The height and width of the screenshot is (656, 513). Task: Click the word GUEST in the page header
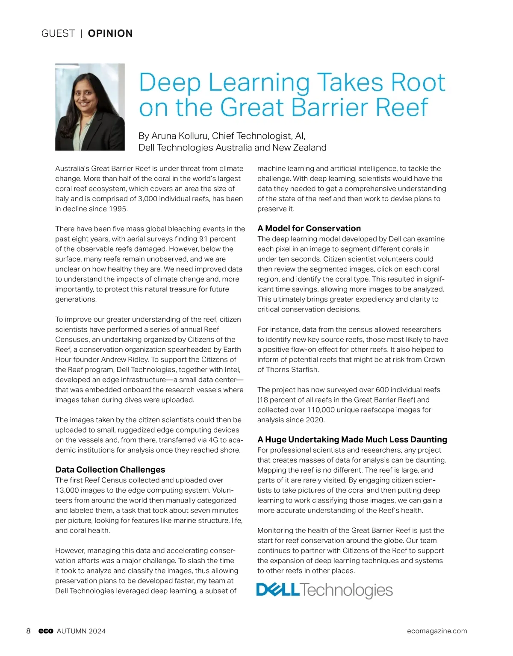click(58, 33)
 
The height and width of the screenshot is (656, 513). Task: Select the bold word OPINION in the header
click(110, 33)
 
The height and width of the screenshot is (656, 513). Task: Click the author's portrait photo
click(90, 107)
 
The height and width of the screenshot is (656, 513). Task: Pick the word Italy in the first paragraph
click(62, 199)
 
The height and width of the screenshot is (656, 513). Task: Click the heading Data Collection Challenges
click(110, 470)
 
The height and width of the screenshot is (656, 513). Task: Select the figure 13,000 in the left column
click(66, 490)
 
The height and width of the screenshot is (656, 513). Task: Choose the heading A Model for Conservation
click(309, 228)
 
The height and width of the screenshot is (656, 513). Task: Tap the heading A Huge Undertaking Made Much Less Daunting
click(352, 439)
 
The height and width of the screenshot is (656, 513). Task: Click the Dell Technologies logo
click(324, 590)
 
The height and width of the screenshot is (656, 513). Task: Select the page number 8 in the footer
click(29, 631)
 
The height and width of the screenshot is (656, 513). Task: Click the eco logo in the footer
click(46, 631)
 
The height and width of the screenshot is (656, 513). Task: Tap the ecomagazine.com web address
click(437, 631)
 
